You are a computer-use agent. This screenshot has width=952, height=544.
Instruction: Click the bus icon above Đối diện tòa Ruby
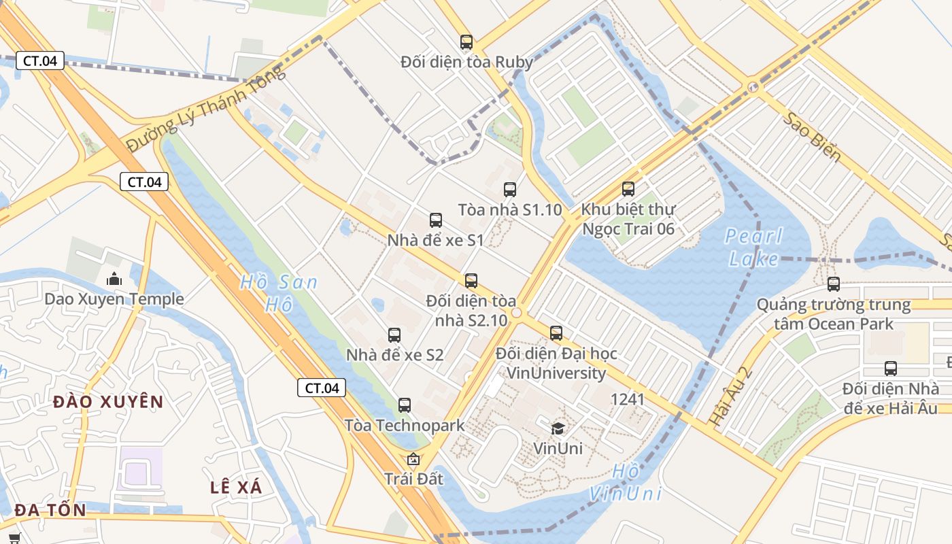[466, 42]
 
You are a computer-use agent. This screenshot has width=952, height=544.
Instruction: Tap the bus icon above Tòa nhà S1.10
[510, 190]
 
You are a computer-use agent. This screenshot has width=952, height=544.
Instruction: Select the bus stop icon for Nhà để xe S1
[436, 220]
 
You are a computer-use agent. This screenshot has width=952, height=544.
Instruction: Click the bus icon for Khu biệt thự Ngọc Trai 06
[628, 189]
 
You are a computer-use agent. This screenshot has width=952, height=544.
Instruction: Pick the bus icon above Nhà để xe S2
[394, 335]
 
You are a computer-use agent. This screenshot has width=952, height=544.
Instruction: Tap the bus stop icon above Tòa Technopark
[405, 405]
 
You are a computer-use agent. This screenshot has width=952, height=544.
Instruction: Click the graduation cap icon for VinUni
[558, 428]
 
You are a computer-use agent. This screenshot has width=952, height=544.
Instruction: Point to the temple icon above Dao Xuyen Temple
[114, 279]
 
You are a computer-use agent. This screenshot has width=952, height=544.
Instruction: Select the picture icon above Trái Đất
[413, 459]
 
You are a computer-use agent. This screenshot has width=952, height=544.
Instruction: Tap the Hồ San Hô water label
[279, 293]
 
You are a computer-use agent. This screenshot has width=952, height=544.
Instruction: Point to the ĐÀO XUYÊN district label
[109, 401]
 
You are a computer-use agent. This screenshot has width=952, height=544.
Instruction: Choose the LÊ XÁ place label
[236, 487]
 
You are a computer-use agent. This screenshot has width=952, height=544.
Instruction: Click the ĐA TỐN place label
[50, 510]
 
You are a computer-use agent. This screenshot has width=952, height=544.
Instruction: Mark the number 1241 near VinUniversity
[628, 399]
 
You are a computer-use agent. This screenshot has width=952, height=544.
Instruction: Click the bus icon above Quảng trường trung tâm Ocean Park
[834, 284]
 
